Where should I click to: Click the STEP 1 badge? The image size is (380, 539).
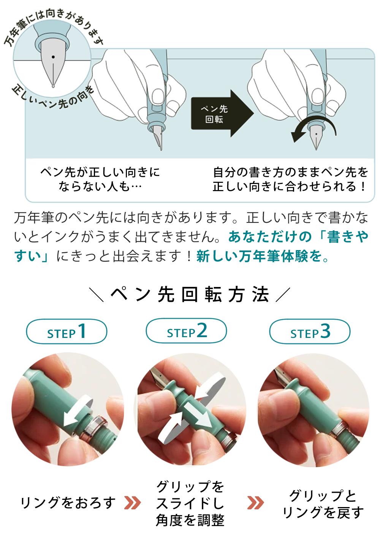pyautogui.click(x=66, y=331)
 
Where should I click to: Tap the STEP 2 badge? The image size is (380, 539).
pyautogui.click(x=187, y=330)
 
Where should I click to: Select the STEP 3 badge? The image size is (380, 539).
pyautogui.click(x=310, y=331)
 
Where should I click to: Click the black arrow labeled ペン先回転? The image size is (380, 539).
pyautogui.click(x=222, y=113)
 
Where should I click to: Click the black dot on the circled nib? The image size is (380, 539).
pyautogui.click(x=53, y=57)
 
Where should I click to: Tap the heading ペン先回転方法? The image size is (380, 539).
pyautogui.click(x=190, y=294)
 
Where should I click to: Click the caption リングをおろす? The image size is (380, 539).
pyautogui.click(x=68, y=503)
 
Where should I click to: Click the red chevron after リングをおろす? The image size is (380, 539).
pyautogui.click(x=133, y=503)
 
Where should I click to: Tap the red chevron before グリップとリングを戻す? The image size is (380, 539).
pyautogui.click(x=255, y=503)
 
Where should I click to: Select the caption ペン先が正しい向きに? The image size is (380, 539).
pyautogui.click(x=100, y=172)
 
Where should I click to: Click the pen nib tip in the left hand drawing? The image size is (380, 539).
pyautogui.click(x=161, y=149)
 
